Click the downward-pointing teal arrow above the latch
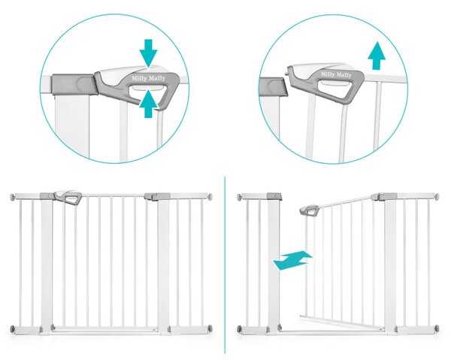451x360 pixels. (x=148, y=53)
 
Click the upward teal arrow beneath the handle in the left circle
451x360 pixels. (x=148, y=103)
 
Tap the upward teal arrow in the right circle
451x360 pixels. (x=377, y=56)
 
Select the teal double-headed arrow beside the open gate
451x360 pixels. (x=292, y=260)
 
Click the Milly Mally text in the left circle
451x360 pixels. (x=148, y=78)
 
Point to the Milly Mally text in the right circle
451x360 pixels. (x=336, y=74)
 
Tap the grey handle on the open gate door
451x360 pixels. (x=310, y=210)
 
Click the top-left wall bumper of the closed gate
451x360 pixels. (x=13, y=197)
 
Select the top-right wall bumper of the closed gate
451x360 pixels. (x=210, y=197)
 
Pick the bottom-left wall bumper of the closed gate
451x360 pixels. (x=13, y=328)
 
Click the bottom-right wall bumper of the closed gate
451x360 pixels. (x=210, y=328)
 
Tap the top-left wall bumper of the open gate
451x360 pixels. (x=240, y=197)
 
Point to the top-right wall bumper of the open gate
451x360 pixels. (x=437, y=197)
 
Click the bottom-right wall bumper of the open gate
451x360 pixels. (x=437, y=328)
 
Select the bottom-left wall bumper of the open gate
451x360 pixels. (x=240, y=328)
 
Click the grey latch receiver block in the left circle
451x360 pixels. (x=74, y=84)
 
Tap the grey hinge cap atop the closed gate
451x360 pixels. (x=157, y=196)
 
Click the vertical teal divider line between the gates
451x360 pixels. (x=225, y=265)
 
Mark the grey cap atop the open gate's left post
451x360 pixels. (x=274, y=196)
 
